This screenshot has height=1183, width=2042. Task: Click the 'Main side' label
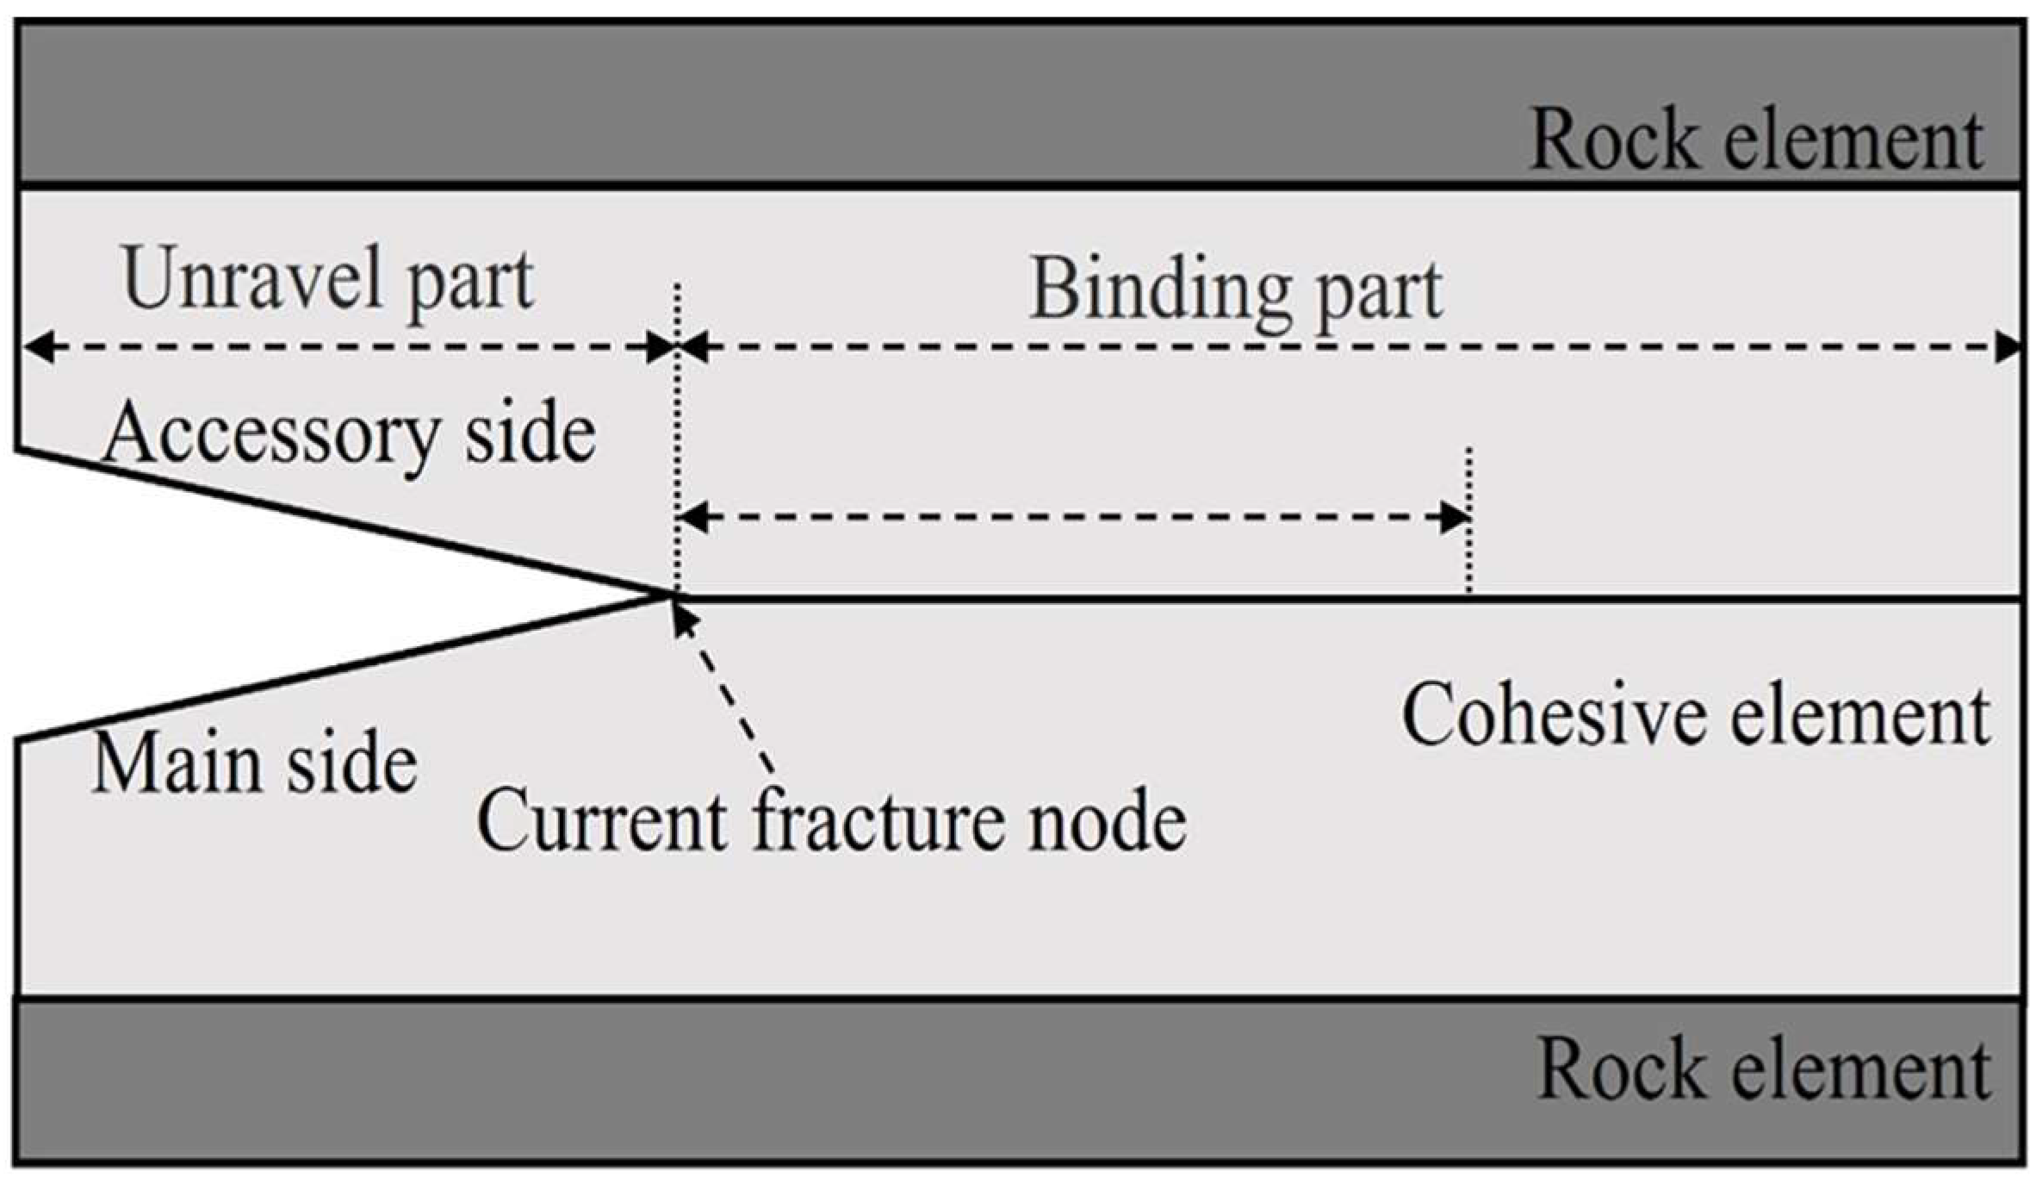pyautogui.click(x=254, y=763)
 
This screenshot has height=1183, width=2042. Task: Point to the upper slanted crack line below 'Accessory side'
pyautogui.click(x=344, y=521)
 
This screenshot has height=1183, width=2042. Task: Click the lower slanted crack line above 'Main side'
pyautogui.click(x=344, y=668)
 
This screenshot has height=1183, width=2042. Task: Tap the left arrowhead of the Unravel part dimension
pyautogui.click(x=34, y=348)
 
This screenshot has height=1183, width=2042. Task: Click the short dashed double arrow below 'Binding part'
pyautogui.click(x=1072, y=518)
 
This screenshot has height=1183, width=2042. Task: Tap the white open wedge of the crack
pyautogui.click(x=172, y=595)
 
